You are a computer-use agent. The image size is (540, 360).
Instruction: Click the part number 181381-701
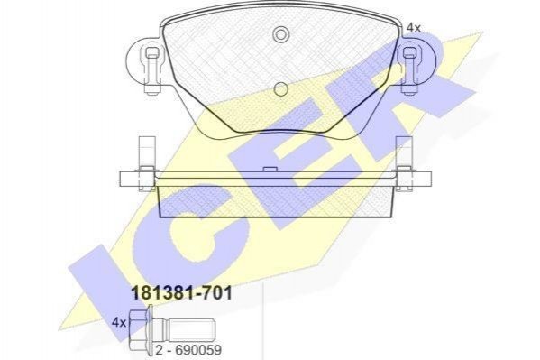click(x=182, y=294)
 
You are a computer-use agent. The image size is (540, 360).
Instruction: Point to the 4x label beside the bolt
click(x=119, y=323)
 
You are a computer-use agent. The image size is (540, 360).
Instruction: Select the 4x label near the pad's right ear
click(x=414, y=28)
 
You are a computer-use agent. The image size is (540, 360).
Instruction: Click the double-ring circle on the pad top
click(x=281, y=34)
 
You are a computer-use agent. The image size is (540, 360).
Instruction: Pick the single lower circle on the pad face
click(x=281, y=89)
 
